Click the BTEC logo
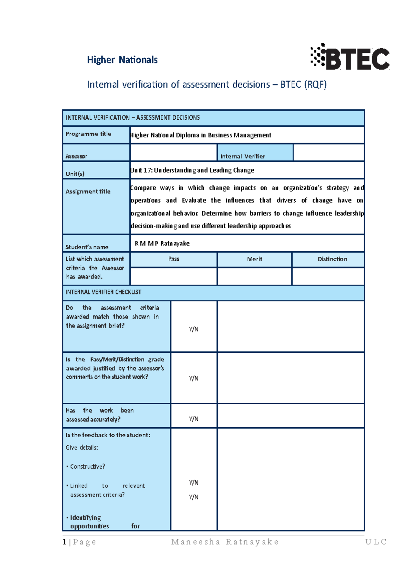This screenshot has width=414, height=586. [x=350, y=57]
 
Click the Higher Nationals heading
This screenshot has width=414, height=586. [x=122, y=60]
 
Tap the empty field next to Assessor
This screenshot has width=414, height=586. [x=173, y=152]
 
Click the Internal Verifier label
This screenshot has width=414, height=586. [x=243, y=156]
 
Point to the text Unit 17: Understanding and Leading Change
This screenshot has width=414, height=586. [x=192, y=170]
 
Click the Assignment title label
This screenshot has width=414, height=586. [x=88, y=192]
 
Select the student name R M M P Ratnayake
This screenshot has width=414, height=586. [x=162, y=243]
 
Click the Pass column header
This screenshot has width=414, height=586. [x=174, y=259]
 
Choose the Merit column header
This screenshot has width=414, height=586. [x=255, y=259]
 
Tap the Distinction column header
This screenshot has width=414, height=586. [x=332, y=259]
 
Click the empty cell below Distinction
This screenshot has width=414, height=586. [x=328, y=276]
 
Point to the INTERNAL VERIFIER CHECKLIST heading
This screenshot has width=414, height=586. [x=103, y=292]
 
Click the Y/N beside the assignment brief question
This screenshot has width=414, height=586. [x=194, y=329]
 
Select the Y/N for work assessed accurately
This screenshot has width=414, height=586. [x=194, y=419]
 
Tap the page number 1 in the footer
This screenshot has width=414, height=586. [x=65, y=542]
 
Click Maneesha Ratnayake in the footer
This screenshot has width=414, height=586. [x=225, y=542]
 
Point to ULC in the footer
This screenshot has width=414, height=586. [x=376, y=542]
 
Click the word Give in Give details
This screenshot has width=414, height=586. [x=71, y=448]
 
